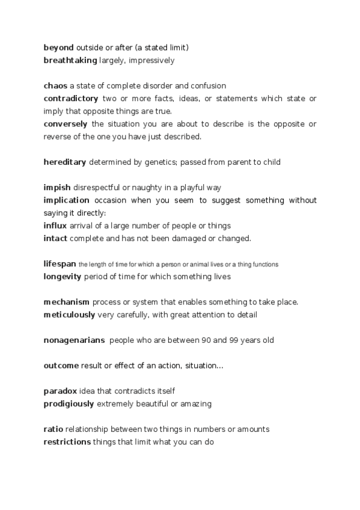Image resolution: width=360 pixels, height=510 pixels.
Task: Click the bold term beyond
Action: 58,47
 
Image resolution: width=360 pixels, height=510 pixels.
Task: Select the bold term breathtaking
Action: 70,60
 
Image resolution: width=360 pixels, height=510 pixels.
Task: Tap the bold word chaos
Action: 55,85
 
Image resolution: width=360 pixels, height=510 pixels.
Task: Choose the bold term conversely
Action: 66,124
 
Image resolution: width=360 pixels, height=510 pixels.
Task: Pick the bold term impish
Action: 57,187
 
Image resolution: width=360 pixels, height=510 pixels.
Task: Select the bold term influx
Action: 55,226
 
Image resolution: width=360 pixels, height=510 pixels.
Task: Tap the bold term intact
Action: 55,238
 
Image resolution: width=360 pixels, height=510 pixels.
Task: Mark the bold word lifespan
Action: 59,263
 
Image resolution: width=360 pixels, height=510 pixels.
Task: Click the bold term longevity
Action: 63,277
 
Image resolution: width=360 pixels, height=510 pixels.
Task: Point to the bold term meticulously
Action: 69,315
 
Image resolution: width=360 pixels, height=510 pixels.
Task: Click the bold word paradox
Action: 60,391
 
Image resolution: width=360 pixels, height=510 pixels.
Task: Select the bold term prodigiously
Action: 69,404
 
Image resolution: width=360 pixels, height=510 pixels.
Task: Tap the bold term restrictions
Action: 67,442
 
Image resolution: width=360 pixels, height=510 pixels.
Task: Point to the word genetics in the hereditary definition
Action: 172,162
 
